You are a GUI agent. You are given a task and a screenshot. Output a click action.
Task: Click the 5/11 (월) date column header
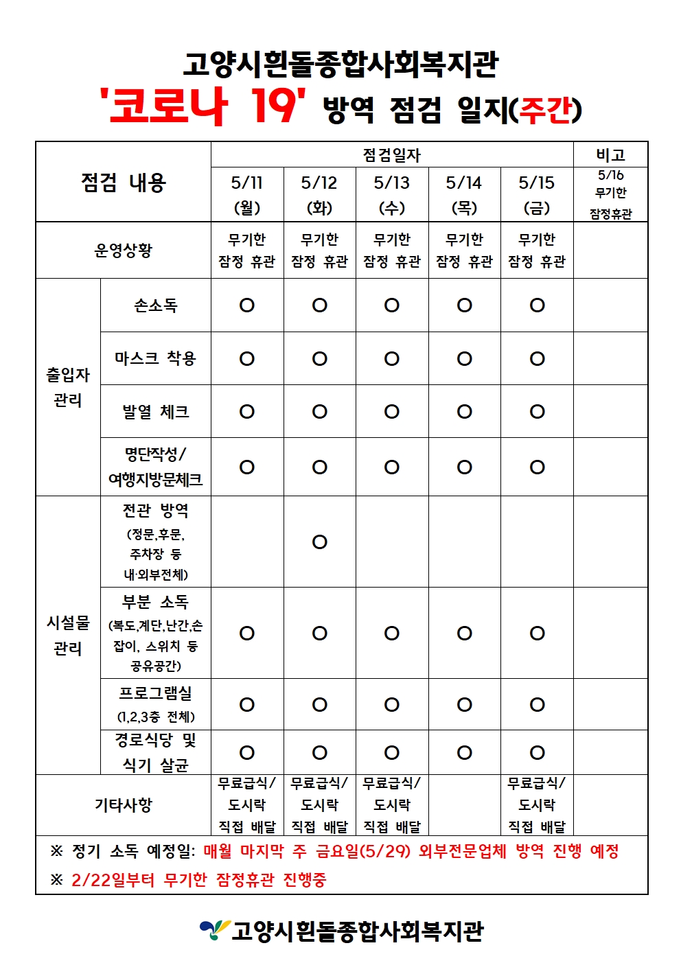247,194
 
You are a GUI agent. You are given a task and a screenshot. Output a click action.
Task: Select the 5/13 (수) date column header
392,194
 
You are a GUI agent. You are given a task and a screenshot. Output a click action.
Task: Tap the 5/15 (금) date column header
537,194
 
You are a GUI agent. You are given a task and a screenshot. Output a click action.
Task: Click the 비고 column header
610,154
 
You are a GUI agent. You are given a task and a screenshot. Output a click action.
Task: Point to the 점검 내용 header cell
124,183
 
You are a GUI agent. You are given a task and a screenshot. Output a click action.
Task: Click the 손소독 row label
156,305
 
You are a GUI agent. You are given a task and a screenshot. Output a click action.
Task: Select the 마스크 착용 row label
156,358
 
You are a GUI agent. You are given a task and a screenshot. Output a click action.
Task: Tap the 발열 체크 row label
156,412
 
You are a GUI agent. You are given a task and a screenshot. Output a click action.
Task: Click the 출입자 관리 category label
68,387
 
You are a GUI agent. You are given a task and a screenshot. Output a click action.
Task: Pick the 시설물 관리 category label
68,635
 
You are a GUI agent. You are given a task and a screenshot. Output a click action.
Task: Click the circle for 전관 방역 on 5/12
320,542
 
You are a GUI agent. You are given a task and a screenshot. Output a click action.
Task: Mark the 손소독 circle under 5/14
465,305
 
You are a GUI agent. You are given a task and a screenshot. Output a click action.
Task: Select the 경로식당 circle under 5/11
247,753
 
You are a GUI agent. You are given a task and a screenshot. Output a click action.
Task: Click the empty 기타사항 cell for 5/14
465,805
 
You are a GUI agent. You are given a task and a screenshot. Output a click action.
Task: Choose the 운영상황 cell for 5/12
320,250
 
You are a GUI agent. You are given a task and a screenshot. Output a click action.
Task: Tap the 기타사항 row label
124,805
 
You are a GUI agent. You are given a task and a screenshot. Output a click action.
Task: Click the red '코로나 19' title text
203,107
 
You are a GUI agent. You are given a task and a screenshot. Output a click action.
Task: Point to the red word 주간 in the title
546,110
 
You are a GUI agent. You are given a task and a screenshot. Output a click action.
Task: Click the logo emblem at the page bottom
213,930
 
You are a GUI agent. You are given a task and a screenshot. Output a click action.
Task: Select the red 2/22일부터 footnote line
199,880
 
